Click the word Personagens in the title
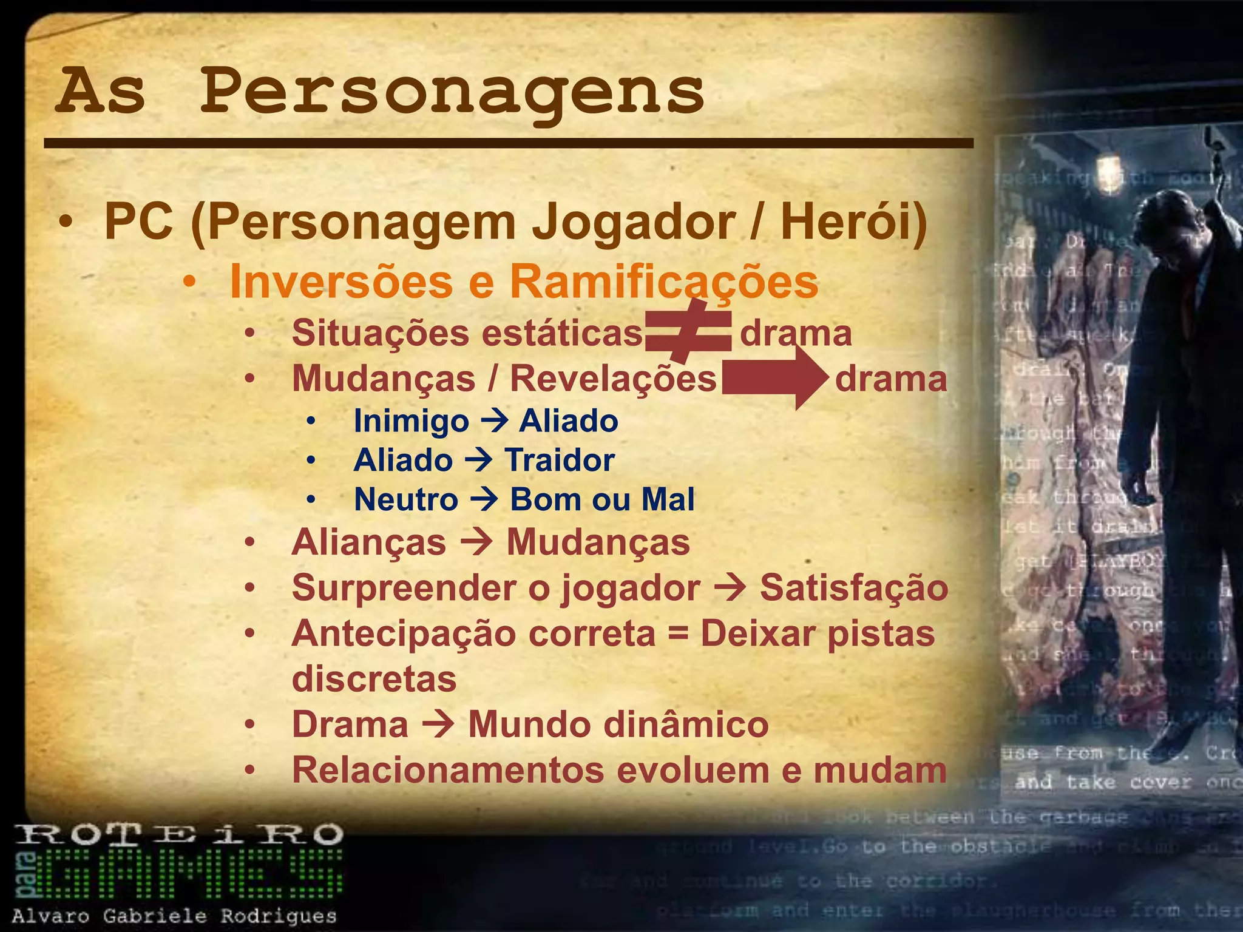(x=452, y=92)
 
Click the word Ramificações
(x=664, y=282)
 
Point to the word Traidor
(x=560, y=460)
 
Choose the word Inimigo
(x=412, y=421)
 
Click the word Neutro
(x=406, y=499)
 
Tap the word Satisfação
(x=854, y=588)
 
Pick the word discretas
(x=374, y=679)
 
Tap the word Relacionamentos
(x=448, y=770)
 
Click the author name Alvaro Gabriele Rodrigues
(x=174, y=916)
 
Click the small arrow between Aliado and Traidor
(x=478, y=460)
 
